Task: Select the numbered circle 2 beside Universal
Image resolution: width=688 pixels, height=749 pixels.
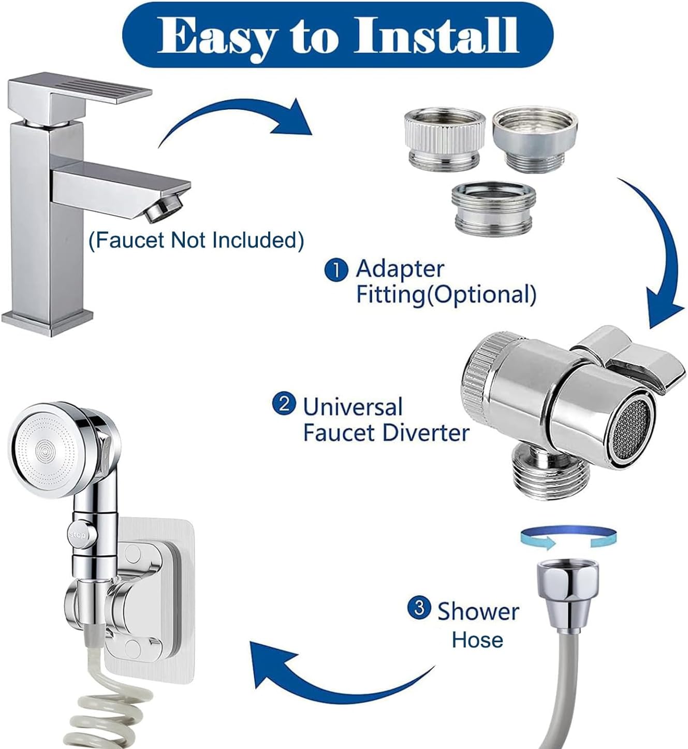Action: [x=284, y=404]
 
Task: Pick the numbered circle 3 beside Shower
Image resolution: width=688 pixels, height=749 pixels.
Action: [x=419, y=608]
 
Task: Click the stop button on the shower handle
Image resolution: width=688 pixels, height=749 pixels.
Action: [x=78, y=535]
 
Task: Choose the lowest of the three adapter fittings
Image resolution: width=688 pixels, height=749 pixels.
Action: [x=493, y=207]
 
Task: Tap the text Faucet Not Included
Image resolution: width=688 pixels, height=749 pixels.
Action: [x=196, y=240]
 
